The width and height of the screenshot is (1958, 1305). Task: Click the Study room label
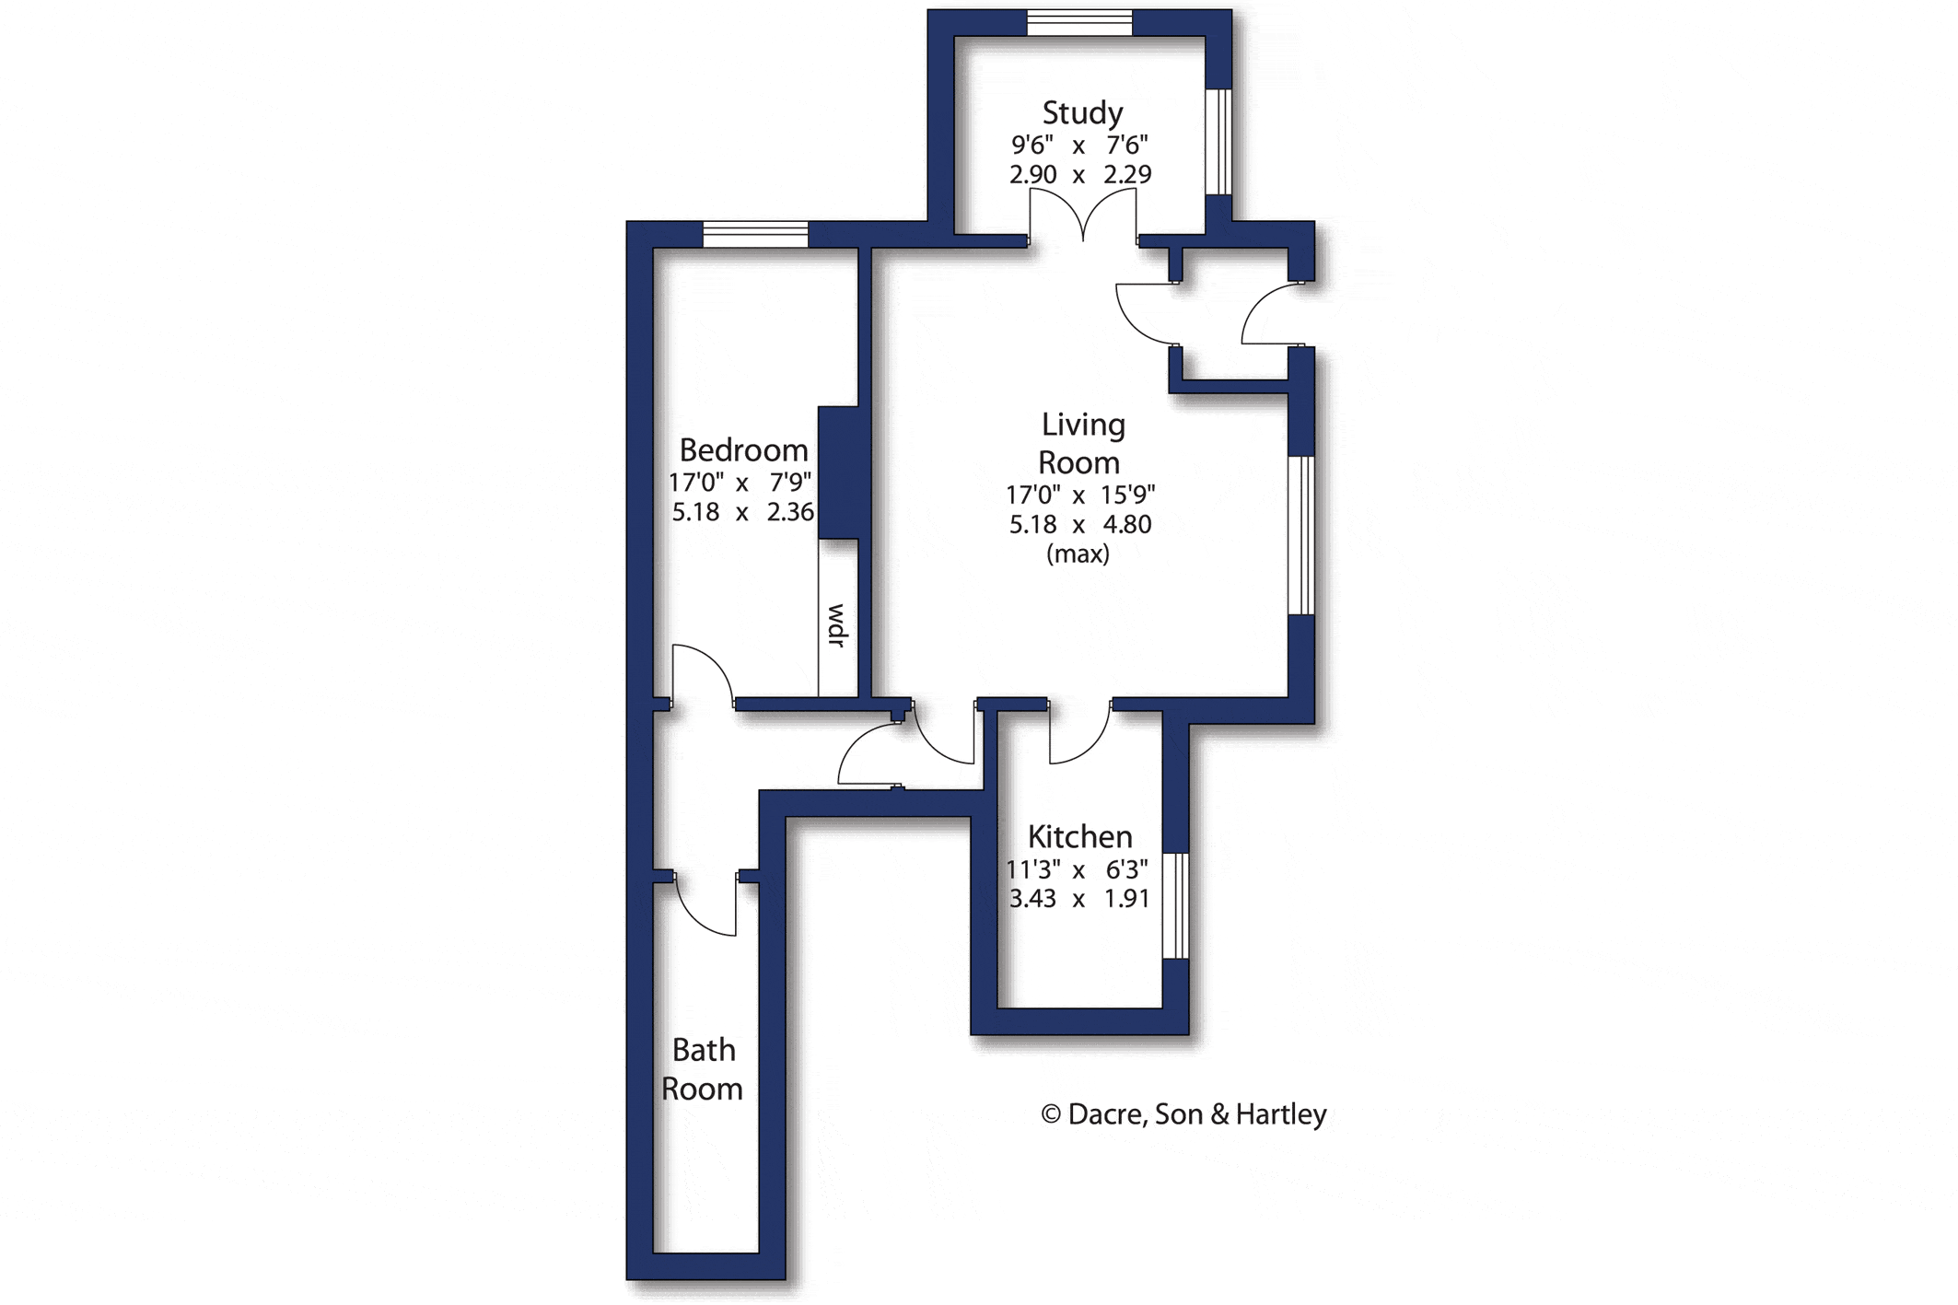click(1082, 113)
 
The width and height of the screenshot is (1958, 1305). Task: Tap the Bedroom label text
click(743, 450)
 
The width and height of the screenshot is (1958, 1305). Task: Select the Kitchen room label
click(1079, 836)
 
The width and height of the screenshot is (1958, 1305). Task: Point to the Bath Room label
click(703, 1069)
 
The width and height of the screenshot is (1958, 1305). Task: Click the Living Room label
click(1081, 443)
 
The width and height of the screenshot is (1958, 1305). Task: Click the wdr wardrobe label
click(837, 625)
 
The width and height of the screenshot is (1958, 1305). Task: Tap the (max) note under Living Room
click(1078, 553)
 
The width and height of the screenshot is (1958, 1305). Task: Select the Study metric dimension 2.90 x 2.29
click(1080, 174)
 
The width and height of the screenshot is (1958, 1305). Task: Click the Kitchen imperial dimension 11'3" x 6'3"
click(1077, 869)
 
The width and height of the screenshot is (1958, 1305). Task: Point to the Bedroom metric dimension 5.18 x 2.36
click(742, 512)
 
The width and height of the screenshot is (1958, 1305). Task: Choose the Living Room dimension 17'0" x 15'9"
click(1080, 495)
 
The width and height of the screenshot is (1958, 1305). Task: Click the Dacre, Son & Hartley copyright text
click(1183, 1114)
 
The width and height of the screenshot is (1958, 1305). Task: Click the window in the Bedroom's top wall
click(755, 235)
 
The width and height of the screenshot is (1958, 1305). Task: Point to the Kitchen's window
click(1176, 906)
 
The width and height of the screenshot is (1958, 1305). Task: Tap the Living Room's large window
click(1301, 535)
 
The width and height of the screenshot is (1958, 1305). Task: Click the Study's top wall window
click(1079, 23)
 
